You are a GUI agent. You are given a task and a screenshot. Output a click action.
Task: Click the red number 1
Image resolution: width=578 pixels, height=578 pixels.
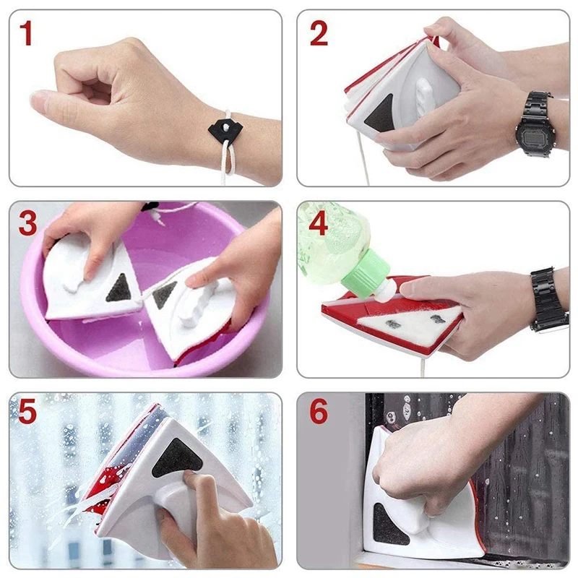click(x=26, y=33)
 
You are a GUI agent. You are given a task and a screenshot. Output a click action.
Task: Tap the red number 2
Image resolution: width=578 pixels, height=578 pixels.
click(x=319, y=33)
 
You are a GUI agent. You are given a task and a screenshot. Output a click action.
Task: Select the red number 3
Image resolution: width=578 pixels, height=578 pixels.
click(x=27, y=224)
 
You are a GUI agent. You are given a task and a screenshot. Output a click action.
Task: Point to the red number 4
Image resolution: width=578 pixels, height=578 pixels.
click(x=319, y=224)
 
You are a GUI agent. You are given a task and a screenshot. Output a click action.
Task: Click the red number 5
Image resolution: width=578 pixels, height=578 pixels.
click(x=27, y=413)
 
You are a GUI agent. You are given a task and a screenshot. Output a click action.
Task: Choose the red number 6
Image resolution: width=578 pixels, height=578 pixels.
click(x=319, y=413)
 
